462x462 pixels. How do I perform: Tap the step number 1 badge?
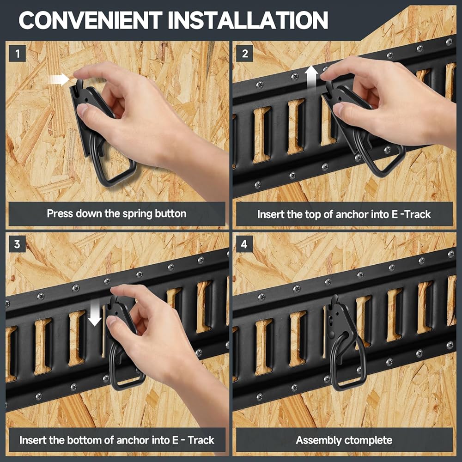(x=18, y=54)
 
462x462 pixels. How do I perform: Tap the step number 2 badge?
(x=244, y=54)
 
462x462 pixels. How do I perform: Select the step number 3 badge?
(x=18, y=244)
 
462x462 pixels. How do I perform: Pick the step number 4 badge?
(x=244, y=244)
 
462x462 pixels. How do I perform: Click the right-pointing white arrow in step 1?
(x=59, y=79)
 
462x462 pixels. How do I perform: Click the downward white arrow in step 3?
(x=95, y=315)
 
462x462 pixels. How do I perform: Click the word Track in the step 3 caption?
(x=201, y=440)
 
